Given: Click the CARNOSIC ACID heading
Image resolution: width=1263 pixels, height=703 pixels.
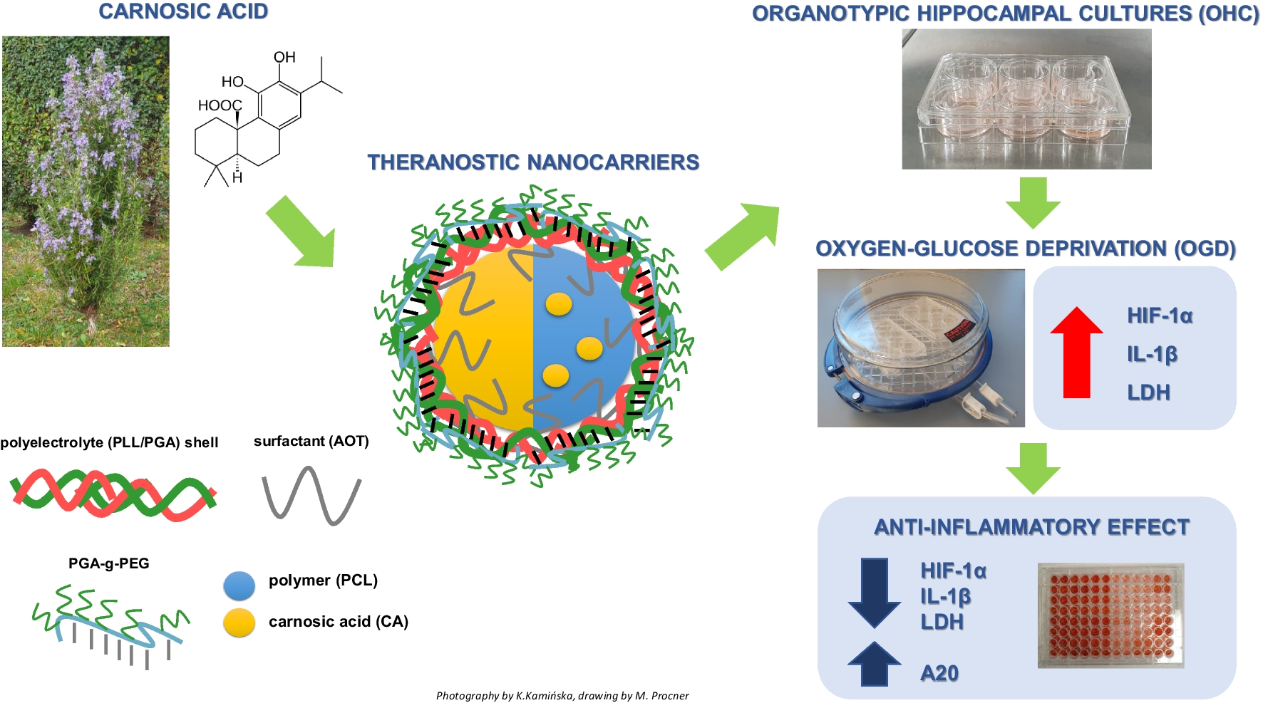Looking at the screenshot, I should (183, 12).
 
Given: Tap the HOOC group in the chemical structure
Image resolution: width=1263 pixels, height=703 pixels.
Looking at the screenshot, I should (220, 105).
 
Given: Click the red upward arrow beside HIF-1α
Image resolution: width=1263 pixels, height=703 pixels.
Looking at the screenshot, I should (1076, 353).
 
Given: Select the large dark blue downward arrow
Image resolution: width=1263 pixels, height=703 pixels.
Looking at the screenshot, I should (875, 592).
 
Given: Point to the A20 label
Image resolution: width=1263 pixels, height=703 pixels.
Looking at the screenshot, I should (939, 673).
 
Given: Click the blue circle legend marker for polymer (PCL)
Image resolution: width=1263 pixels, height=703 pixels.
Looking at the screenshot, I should (239, 585).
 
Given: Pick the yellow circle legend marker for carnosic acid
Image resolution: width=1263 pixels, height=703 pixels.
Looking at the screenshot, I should (239, 623).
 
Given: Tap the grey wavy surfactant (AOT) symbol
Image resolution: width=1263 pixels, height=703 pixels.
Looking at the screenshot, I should (311, 495).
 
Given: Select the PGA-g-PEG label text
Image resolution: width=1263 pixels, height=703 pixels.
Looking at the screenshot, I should (108, 563).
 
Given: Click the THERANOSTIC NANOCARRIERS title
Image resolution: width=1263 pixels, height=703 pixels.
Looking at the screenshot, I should (532, 162).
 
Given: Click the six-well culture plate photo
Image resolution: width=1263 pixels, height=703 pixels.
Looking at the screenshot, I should (1026, 99).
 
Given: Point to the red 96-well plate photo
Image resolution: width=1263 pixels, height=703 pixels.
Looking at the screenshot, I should (1110, 615).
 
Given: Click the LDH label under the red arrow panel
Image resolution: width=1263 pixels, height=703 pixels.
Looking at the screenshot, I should (1148, 392).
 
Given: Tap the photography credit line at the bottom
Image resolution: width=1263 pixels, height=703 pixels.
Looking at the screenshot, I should (562, 696).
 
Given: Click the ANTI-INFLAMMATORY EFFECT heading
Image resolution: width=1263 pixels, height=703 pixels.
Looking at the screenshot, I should (1031, 527).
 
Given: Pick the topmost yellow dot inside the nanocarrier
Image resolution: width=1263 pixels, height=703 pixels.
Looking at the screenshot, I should (559, 304).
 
